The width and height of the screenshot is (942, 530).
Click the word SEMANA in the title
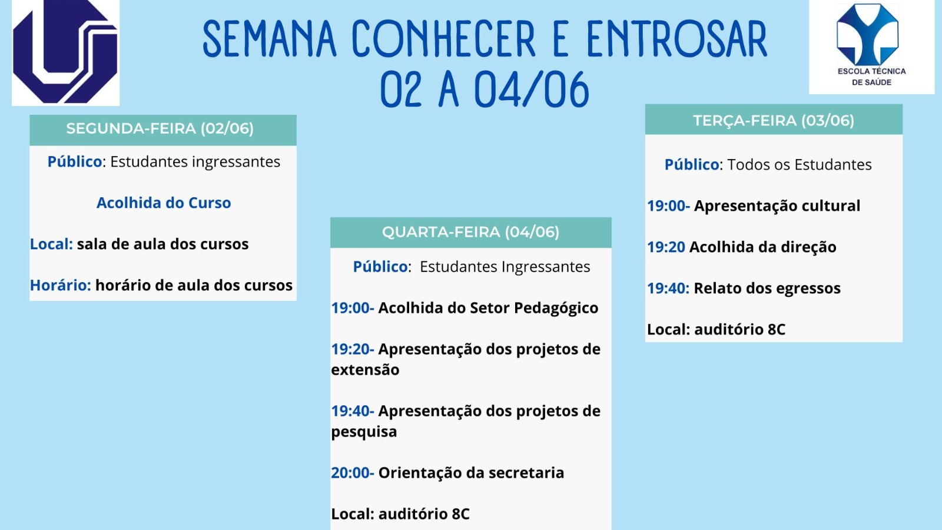click(x=270, y=39)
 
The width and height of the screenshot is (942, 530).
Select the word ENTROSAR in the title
click(x=676, y=39)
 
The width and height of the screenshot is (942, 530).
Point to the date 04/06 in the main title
click(x=532, y=90)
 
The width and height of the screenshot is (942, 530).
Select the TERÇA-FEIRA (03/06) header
click(x=774, y=120)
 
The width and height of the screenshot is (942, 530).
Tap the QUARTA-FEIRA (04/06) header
click(x=470, y=232)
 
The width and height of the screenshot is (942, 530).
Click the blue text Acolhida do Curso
click(x=164, y=203)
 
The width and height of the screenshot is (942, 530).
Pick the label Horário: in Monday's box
click(x=61, y=285)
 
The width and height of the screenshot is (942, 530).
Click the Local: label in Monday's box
click(x=51, y=244)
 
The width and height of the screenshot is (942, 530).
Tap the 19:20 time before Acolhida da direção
click(x=666, y=247)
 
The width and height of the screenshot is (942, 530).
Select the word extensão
click(x=365, y=370)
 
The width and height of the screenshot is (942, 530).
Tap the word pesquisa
click(x=364, y=432)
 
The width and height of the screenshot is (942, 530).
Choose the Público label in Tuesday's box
click(x=692, y=164)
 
